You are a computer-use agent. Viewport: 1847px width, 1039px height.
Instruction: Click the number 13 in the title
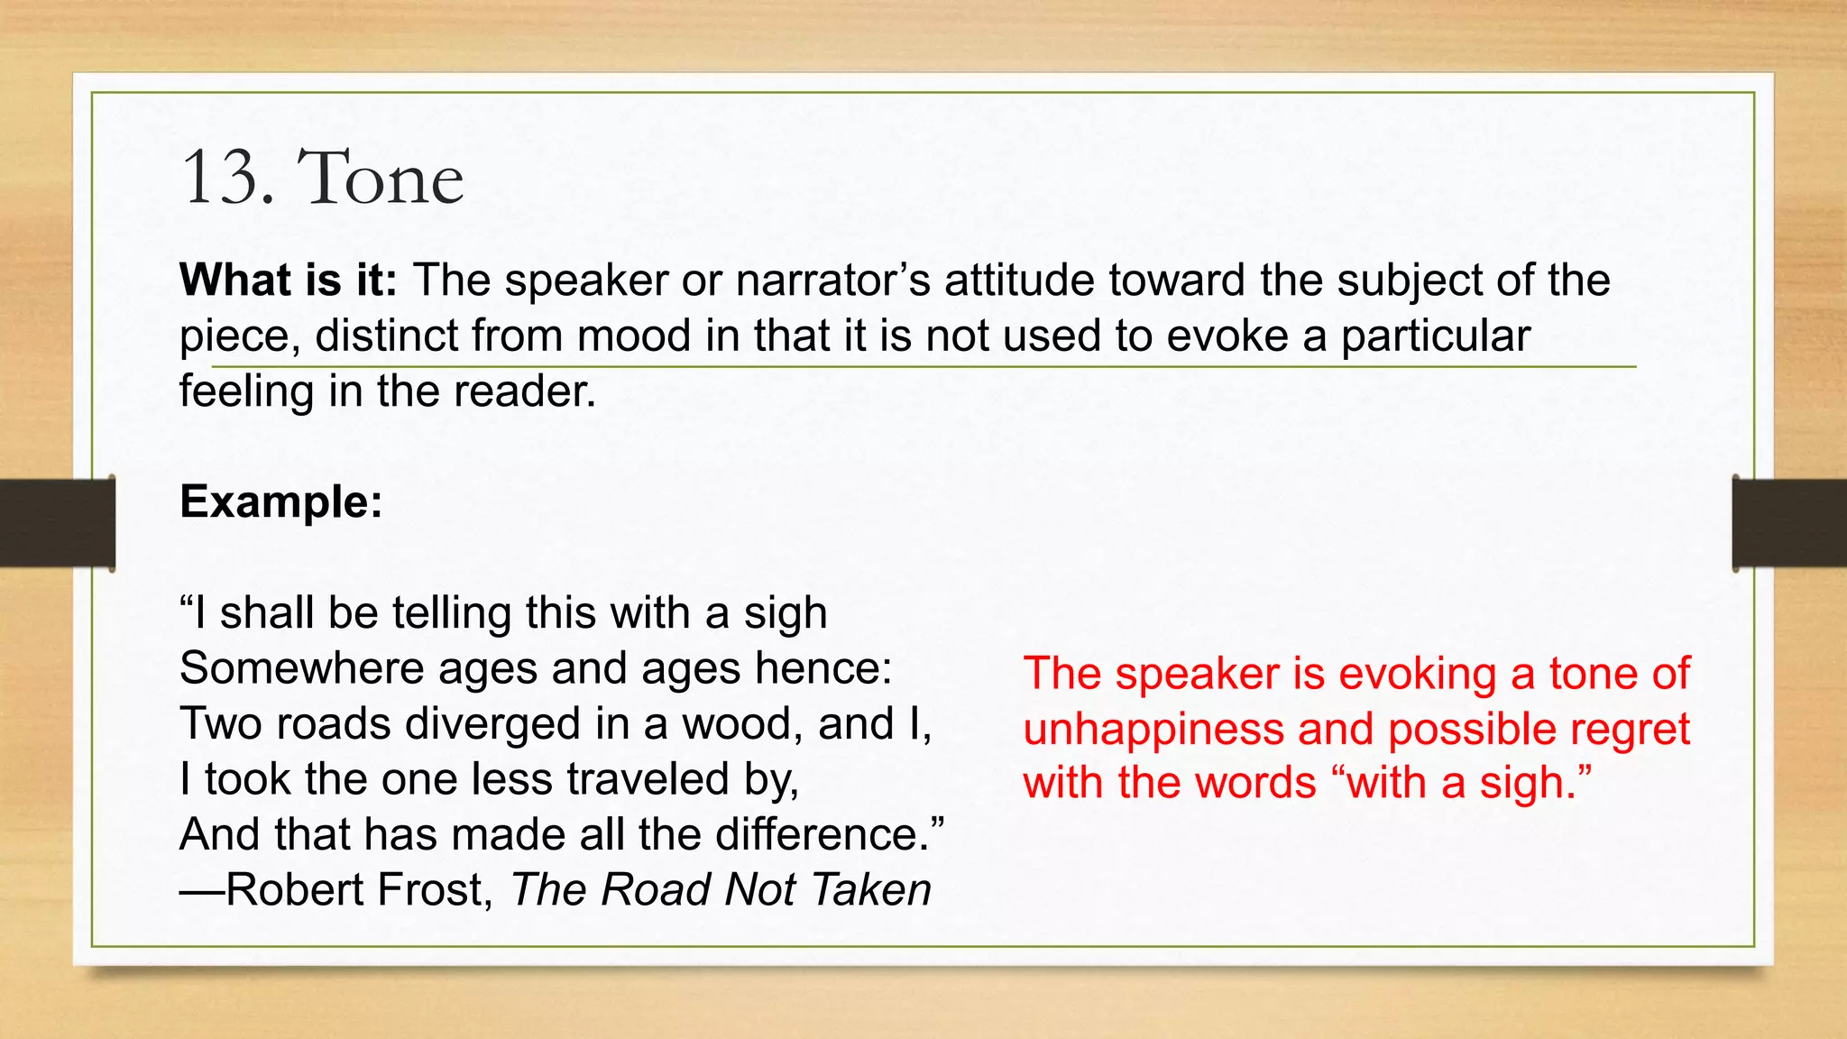(220, 178)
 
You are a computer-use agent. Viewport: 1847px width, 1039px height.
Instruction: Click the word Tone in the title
(380, 178)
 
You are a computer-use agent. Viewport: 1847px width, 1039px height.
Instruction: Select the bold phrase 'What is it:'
(288, 280)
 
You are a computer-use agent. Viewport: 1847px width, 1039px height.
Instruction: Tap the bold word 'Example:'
(281, 501)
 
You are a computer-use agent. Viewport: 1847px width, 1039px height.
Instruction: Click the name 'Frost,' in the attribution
(435, 889)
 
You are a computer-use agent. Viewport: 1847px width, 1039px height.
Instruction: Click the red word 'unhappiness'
(1153, 729)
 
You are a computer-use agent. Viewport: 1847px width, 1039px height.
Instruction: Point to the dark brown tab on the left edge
(57, 523)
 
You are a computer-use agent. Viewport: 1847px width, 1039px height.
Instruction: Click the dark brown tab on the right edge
(1789, 523)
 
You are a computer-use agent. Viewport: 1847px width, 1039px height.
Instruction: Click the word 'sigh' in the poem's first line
(785, 613)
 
